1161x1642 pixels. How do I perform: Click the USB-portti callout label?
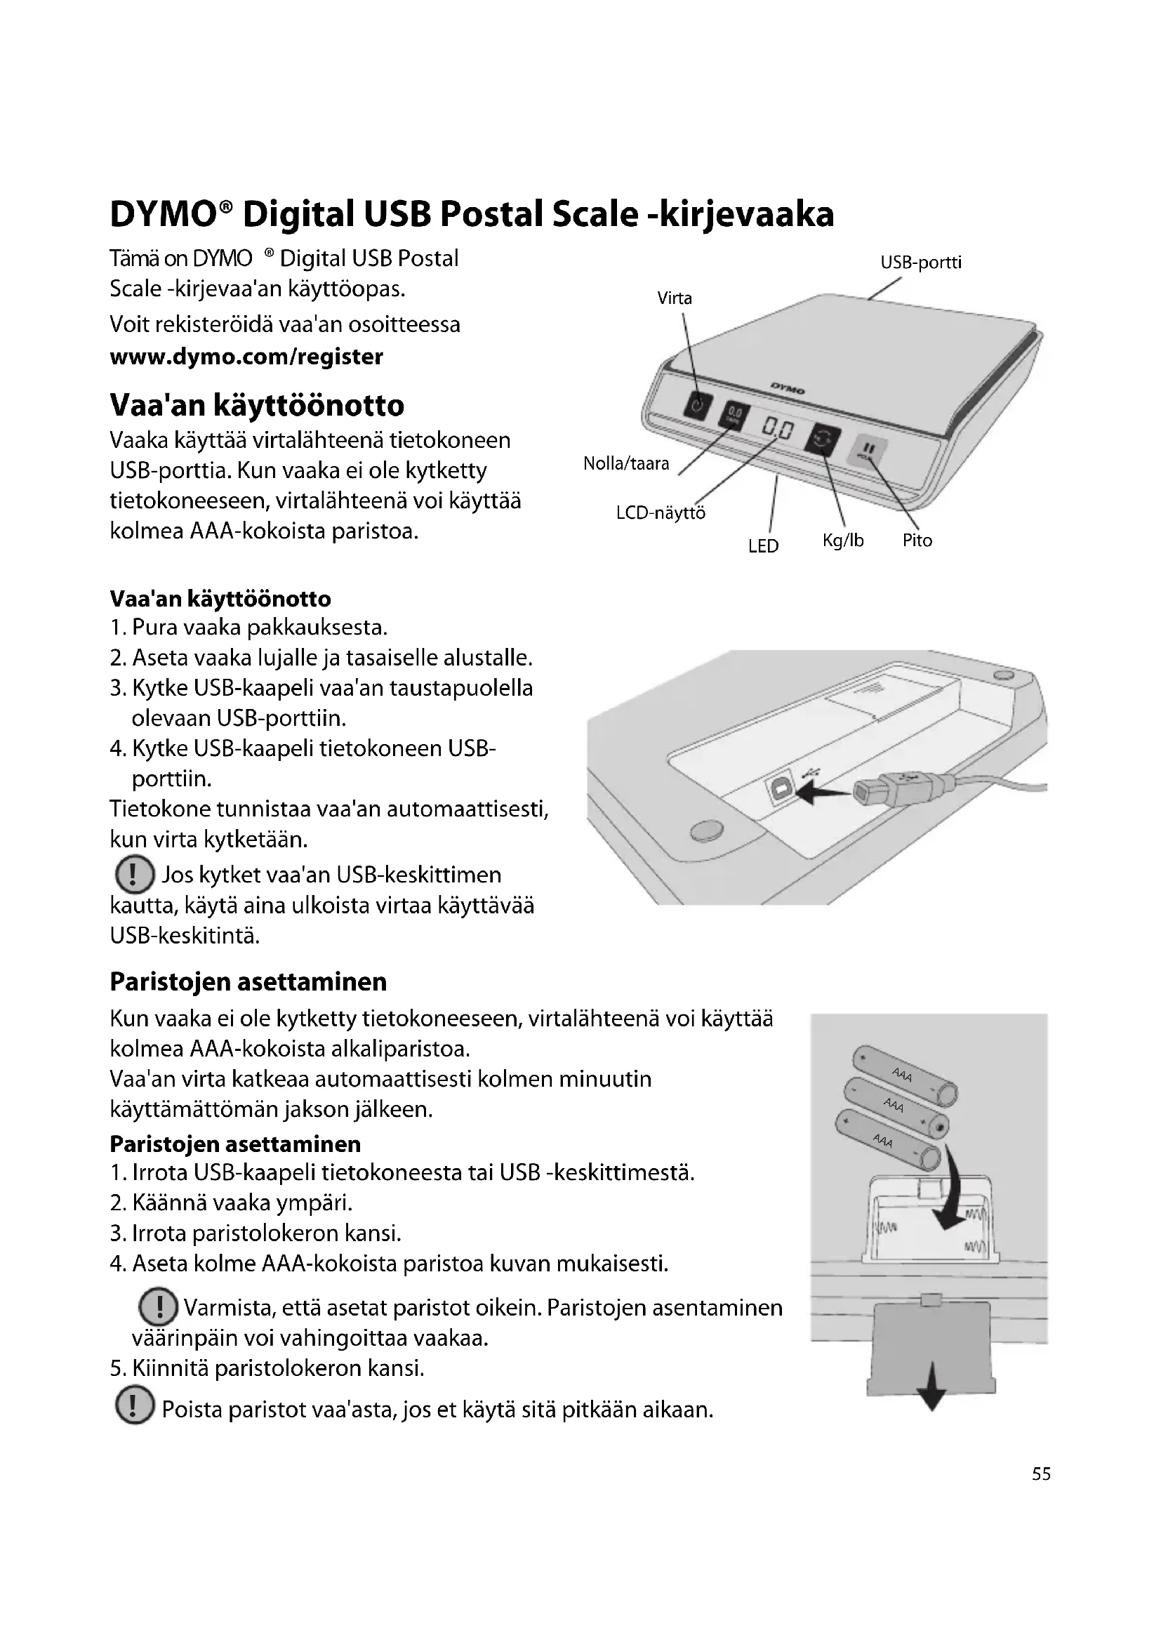921,263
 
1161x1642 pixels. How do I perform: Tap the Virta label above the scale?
675,298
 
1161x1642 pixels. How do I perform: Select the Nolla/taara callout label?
626,464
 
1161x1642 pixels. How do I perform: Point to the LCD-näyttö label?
661,512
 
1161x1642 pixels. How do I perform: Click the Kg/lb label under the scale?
843,541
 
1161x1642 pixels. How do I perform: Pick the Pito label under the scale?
917,541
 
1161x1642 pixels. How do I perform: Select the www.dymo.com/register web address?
246,356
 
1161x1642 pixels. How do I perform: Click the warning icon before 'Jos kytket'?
134,875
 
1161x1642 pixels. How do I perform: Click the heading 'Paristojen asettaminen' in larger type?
248,982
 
